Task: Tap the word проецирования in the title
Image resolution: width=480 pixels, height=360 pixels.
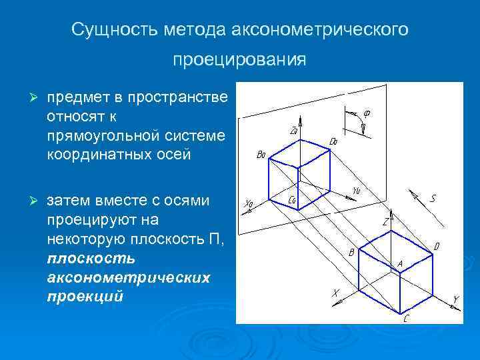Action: (x=239, y=60)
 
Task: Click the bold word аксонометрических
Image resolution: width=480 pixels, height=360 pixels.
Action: (x=128, y=277)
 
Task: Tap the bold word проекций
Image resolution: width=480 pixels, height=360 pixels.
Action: (x=85, y=296)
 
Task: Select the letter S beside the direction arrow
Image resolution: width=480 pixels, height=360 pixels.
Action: (x=433, y=198)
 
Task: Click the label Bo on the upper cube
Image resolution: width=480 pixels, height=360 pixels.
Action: (x=261, y=155)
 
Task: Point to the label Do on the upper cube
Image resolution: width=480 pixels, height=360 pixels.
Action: (x=334, y=141)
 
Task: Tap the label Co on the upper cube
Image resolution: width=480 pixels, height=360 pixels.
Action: (x=292, y=199)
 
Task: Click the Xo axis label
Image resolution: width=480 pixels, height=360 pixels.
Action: (x=249, y=203)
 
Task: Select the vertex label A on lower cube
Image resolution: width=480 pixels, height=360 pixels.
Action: (x=400, y=264)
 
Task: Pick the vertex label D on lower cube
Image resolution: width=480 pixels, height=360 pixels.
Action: (x=437, y=247)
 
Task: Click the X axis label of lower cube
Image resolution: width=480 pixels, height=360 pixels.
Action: (x=335, y=293)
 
